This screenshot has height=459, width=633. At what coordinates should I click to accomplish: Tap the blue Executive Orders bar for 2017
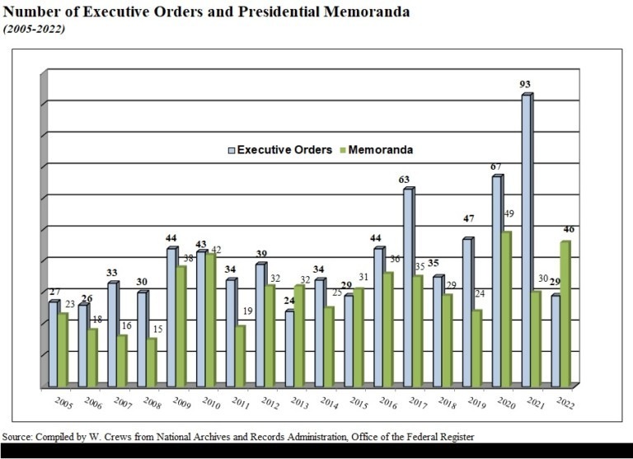pyautogui.click(x=407, y=288)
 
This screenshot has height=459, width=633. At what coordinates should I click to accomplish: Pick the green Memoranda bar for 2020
pyautogui.click(x=504, y=310)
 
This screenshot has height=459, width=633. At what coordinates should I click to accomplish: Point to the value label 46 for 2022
pyautogui.click(x=569, y=231)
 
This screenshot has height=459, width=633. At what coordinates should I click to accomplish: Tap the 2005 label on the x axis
pyautogui.click(x=63, y=404)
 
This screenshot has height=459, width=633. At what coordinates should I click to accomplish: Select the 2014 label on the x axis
pyautogui.click(x=328, y=404)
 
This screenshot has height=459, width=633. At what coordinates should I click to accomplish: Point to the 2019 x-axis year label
pyautogui.click(x=476, y=404)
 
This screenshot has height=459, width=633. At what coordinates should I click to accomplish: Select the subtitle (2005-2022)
pyautogui.click(x=35, y=29)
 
